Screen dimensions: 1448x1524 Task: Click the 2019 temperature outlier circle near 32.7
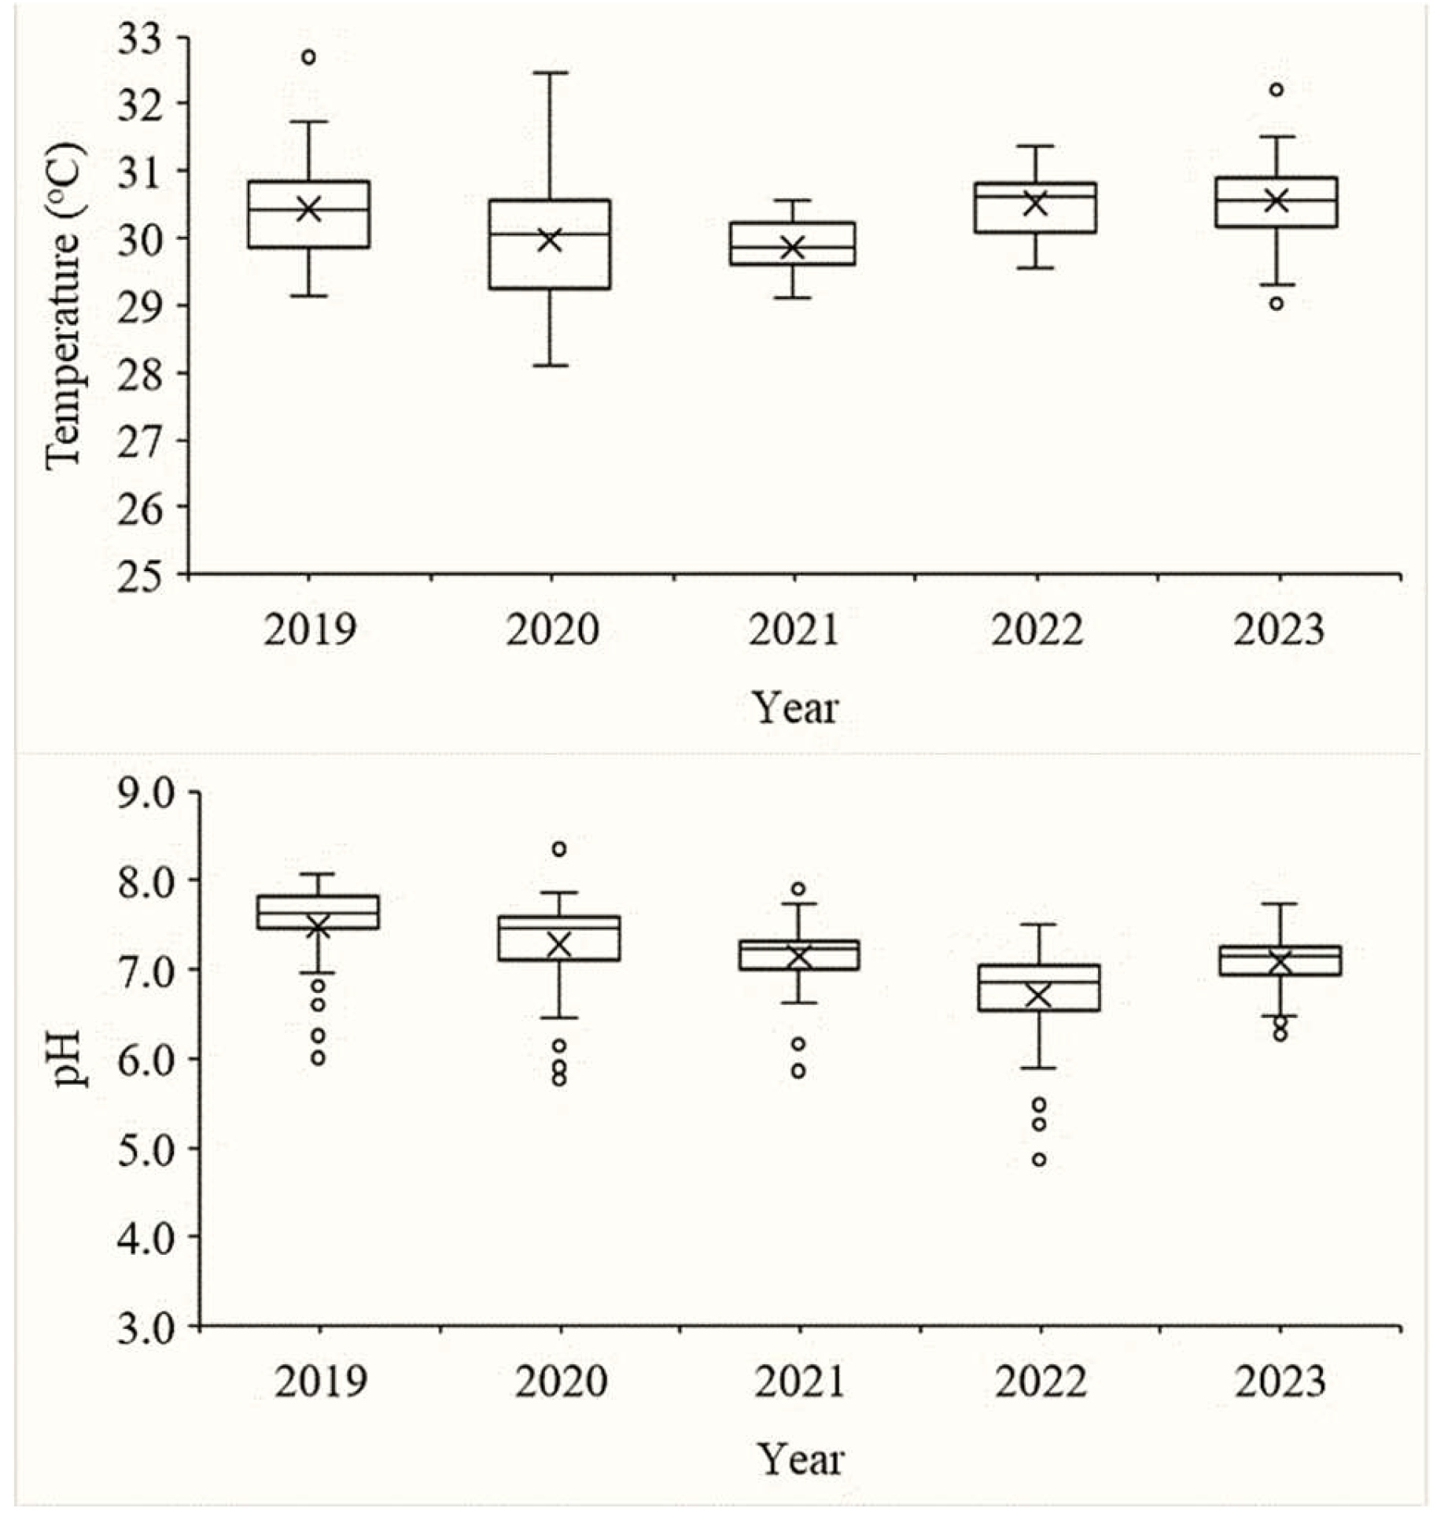tap(309, 57)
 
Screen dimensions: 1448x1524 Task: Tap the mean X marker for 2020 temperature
tap(549, 240)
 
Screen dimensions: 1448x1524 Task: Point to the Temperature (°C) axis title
tap(63, 306)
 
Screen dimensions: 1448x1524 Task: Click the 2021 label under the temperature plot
tap(794, 629)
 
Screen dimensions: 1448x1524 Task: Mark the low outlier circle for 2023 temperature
tap(1276, 304)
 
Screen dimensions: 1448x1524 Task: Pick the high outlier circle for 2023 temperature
tap(1276, 90)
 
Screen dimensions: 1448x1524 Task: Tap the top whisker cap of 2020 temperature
tap(550, 72)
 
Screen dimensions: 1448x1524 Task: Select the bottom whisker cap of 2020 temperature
tap(550, 365)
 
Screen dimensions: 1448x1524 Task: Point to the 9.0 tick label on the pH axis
tap(148, 793)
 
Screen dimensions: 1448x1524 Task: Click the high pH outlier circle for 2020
tap(558, 849)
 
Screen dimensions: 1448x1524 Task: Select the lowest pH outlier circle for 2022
tap(1039, 1159)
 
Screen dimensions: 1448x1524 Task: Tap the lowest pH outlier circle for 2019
tap(318, 1058)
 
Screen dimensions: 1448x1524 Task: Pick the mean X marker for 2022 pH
tap(1039, 996)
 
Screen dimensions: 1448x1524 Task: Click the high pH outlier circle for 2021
tap(798, 889)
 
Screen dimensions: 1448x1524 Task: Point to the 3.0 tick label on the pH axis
tap(148, 1328)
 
